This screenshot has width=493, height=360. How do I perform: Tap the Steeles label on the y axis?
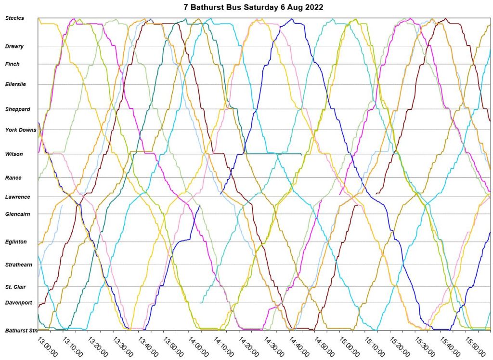[14, 18]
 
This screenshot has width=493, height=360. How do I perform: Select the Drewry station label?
[14, 47]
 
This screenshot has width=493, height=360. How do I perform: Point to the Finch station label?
[13, 64]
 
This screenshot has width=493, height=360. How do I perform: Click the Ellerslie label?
[15, 84]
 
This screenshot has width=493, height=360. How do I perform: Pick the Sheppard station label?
[18, 109]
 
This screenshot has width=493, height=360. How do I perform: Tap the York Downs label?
[21, 130]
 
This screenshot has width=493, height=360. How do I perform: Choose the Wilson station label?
[14, 154]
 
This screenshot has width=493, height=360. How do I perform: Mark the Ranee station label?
[13, 178]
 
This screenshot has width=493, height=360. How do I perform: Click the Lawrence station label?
[18, 197]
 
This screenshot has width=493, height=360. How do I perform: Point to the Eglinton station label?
[16, 242]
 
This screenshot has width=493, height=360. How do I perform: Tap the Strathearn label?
[19, 265]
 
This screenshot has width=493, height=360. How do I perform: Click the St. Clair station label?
[15, 287]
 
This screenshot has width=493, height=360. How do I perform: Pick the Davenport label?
[19, 303]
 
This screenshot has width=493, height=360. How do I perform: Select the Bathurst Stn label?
[21, 331]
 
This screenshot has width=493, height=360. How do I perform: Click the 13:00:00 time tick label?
[47, 346]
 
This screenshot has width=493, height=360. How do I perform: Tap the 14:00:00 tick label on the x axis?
[198, 346]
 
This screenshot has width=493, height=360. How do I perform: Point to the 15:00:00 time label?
[350, 346]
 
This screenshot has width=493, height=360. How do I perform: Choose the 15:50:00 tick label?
[476, 346]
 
